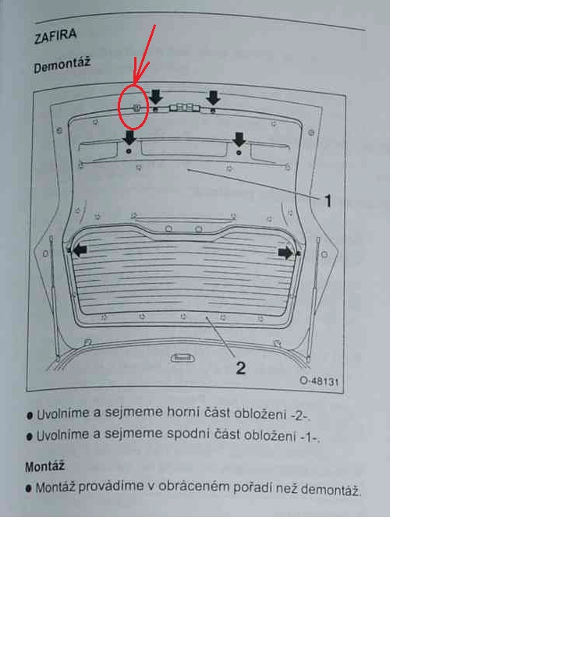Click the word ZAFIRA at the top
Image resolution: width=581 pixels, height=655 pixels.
pyautogui.click(x=55, y=36)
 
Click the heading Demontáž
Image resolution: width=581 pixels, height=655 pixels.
pyautogui.click(x=62, y=65)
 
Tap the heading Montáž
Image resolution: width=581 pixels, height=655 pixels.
pyautogui.click(x=44, y=466)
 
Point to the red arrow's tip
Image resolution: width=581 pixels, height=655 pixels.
pyautogui.click(x=135, y=83)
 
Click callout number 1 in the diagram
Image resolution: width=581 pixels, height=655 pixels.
pyautogui.click(x=328, y=201)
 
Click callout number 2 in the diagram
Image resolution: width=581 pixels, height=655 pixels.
pyautogui.click(x=240, y=368)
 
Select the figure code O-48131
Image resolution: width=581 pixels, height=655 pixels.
pyautogui.click(x=319, y=381)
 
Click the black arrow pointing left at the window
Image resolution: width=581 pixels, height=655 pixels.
pyautogui.click(x=80, y=250)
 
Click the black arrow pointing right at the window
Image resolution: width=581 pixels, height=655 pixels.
pyautogui.click(x=285, y=253)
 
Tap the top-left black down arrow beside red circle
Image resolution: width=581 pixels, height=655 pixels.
pyautogui.click(x=155, y=97)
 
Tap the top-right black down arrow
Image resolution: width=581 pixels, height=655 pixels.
pyautogui.click(x=214, y=98)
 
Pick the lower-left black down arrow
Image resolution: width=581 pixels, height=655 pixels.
pyautogui.click(x=129, y=137)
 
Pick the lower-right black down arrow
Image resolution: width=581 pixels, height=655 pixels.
pyautogui.click(x=239, y=140)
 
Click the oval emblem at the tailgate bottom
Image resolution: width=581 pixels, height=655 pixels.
pyautogui.click(x=182, y=358)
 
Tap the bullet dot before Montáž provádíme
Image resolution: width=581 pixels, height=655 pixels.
pyautogui.click(x=28, y=488)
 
